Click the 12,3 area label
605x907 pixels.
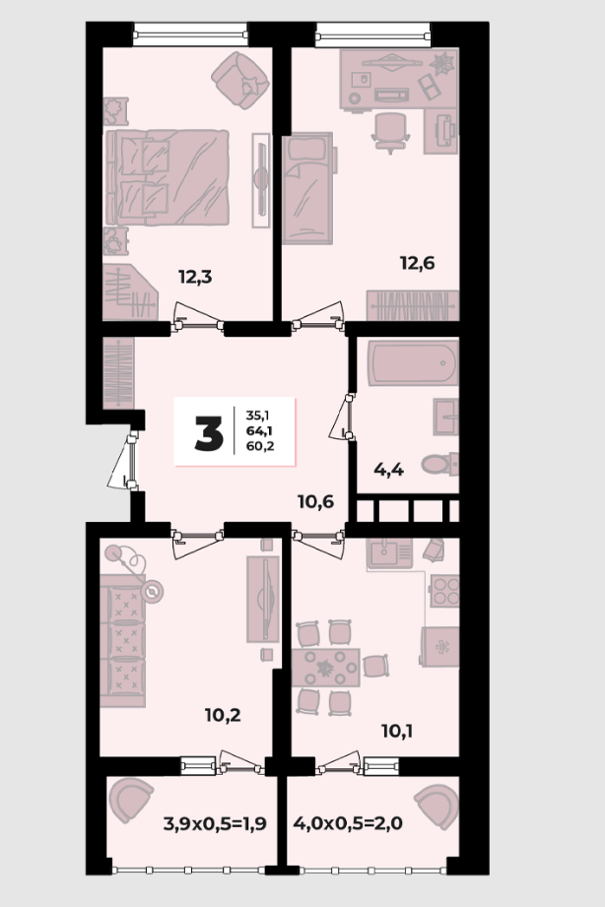tap(195, 277)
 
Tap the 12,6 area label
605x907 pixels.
tap(418, 263)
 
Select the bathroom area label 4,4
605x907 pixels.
tap(388, 469)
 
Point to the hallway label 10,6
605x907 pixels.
tap(316, 501)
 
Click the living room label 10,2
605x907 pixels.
tap(223, 716)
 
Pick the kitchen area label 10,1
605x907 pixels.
tap(397, 732)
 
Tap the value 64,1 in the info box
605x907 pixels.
tap(260, 430)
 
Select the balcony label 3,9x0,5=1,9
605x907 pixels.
tap(215, 823)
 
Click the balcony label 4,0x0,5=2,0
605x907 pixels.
tap(348, 822)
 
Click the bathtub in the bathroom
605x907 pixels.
tap(414, 363)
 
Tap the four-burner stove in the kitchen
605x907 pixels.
tap(444, 591)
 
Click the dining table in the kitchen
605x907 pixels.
tap(326, 668)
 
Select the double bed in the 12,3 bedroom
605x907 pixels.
tap(168, 177)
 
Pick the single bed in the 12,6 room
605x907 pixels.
tap(308, 186)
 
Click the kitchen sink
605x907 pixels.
tap(389, 553)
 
